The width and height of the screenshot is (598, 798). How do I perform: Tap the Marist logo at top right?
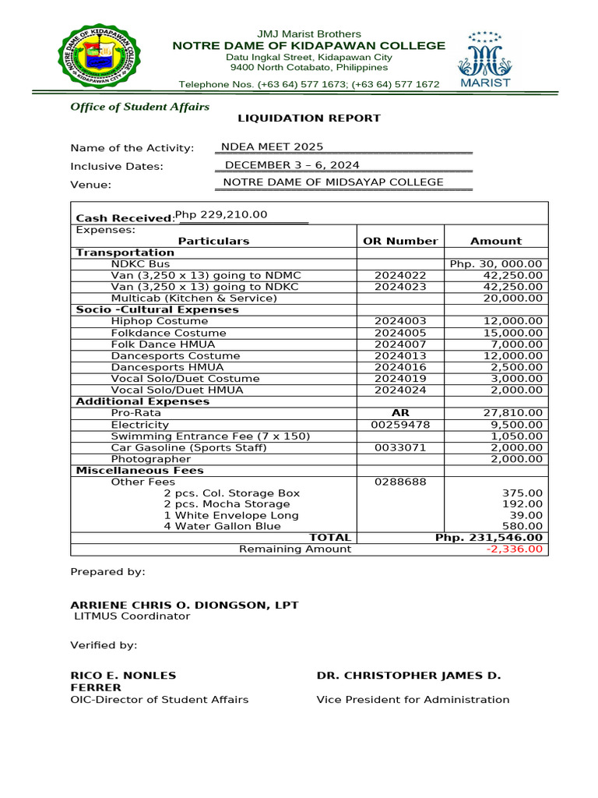coord(486,59)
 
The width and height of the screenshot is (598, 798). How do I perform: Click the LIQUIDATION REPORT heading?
coord(309,118)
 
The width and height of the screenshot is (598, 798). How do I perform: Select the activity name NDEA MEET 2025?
coord(272,147)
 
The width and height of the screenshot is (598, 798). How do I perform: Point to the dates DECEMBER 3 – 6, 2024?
coord(292,165)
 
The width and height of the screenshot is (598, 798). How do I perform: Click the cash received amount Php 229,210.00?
coord(221,215)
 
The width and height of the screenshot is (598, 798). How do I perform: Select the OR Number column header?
coord(400,241)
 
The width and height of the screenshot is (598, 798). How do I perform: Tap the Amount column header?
coord(496,241)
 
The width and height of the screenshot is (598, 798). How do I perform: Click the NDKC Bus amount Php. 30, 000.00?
coord(496,264)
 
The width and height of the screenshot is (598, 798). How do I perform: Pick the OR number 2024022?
coord(400,276)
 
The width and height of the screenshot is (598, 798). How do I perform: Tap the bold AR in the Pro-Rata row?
coord(400,413)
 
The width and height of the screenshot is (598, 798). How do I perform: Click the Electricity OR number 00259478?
coord(400,425)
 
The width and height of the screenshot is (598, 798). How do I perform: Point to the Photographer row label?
coord(150,459)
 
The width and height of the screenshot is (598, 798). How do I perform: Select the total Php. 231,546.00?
coord(489,538)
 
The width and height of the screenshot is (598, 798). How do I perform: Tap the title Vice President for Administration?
coord(413,700)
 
